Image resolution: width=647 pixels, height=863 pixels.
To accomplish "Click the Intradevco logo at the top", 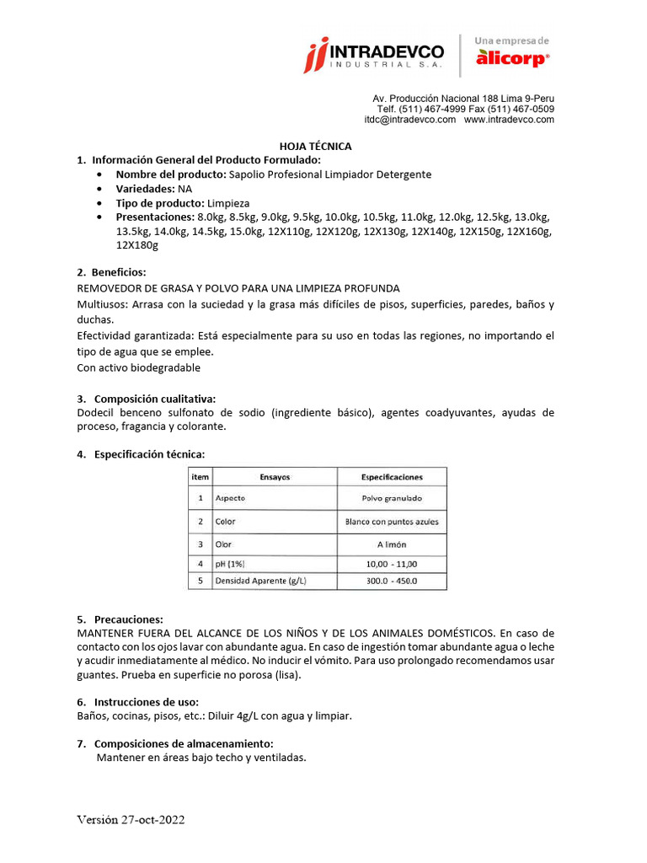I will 374,55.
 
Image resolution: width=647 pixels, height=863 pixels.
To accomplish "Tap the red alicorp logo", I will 512,57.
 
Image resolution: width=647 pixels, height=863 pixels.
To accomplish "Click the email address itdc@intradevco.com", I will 409,120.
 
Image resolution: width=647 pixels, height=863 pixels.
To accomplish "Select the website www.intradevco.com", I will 509,120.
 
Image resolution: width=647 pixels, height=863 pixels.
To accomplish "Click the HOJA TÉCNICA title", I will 315,146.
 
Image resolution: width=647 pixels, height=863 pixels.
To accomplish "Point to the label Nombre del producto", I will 171,174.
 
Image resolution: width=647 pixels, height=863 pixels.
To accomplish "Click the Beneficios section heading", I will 118,272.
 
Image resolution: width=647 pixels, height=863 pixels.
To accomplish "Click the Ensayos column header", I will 275,477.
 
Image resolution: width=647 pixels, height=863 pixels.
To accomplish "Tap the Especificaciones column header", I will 392,477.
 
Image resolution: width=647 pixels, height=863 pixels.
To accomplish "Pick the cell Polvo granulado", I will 392,498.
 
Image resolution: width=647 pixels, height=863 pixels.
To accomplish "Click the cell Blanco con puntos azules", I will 392,522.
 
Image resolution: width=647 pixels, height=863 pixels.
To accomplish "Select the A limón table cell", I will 392,544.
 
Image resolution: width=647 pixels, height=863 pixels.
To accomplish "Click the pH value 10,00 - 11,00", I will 392,564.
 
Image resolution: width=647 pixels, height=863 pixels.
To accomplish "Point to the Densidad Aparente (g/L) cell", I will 261,582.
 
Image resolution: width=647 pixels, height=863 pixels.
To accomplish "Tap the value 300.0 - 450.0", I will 392,582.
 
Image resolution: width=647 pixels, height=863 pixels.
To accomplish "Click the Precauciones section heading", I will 128,619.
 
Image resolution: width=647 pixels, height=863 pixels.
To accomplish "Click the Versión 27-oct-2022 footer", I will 131,820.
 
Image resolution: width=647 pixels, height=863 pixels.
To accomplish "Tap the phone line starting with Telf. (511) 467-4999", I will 465,109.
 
